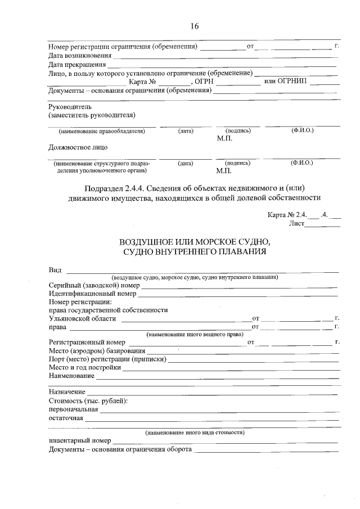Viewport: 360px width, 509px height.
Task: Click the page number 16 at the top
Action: pos(194,26)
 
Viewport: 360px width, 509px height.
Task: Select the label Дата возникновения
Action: pos(80,56)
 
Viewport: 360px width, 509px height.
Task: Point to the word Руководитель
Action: pos(70,106)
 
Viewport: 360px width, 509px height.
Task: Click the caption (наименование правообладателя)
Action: pos(102,131)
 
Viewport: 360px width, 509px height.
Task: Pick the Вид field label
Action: pos(55,269)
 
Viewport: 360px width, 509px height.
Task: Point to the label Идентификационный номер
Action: pos(92,293)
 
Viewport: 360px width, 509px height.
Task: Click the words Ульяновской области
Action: pos(82,318)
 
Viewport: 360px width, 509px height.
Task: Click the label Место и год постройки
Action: pos(85,367)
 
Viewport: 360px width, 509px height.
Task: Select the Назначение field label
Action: pos(67,391)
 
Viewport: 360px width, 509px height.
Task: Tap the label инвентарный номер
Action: pos(80,442)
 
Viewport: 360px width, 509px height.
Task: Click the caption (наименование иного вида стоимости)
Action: pos(194,433)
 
